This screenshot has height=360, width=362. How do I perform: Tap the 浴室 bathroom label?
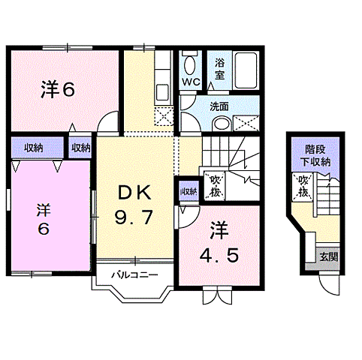tap(219, 70)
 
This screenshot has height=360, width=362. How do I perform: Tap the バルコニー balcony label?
tap(135, 274)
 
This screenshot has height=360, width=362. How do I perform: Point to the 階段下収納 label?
tap(317, 154)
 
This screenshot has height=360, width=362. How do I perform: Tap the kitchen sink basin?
tap(162, 91)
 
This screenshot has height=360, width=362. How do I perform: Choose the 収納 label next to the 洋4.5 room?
tap(188, 192)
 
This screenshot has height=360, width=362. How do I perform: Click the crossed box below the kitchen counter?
tap(163, 115)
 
